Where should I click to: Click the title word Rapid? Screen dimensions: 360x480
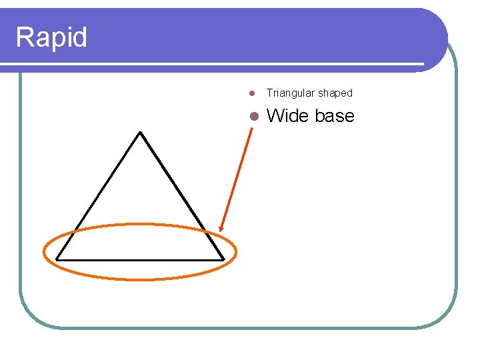point(51,37)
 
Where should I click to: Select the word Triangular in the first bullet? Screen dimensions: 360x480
point(290,93)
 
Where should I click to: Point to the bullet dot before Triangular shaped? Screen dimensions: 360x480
point(252,93)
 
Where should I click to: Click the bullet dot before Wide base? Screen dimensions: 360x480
point(253,117)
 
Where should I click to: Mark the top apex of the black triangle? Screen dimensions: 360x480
point(140,132)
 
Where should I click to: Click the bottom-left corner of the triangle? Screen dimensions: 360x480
point(57,259)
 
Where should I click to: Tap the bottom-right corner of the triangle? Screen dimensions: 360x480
point(223,259)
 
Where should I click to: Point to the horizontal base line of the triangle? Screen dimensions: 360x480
point(140,259)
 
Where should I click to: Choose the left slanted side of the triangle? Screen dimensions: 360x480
point(99,195)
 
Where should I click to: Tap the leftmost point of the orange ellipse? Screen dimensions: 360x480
point(44,252)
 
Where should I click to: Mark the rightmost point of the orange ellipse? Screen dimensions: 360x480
point(236,252)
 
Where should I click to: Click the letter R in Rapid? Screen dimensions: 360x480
point(23,37)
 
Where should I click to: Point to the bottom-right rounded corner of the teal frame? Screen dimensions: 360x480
point(448,318)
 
